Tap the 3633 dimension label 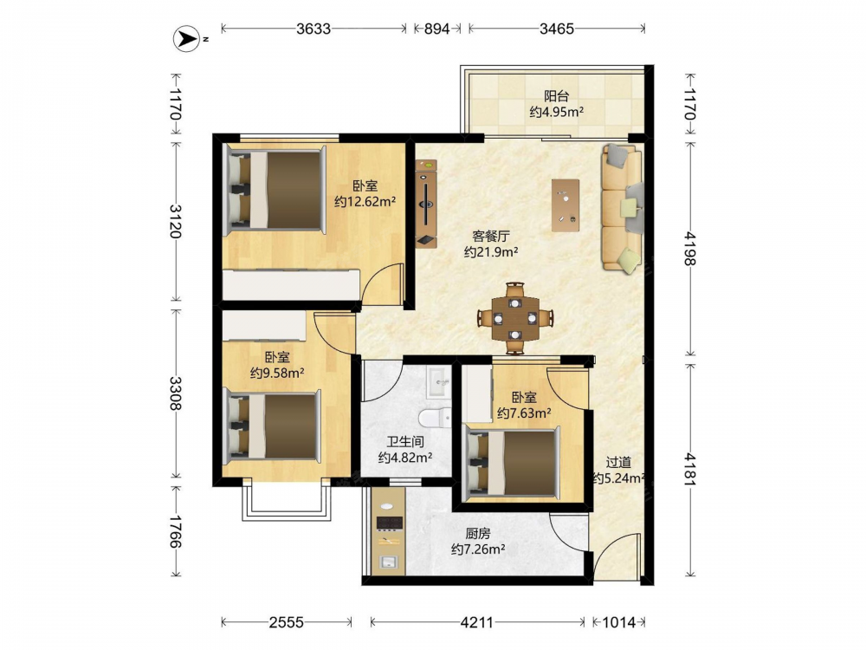(x=313, y=29)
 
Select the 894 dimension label (x=436, y=29)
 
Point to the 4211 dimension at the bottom (x=476, y=622)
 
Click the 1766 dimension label (x=176, y=532)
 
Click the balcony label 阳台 (x=556, y=96)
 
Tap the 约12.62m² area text (x=365, y=202)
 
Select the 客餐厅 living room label (x=491, y=237)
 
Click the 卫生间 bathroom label (x=405, y=442)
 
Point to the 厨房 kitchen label (x=478, y=533)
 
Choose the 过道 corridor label (x=618, y=462)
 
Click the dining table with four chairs (x=515, y=318)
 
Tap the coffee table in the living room (x=565, y=205)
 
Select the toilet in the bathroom (x=435, y=419)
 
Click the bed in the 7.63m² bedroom (x=511, y=462)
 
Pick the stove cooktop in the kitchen (x=390, y=523)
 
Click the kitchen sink (x=390, y=562)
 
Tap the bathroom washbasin (x=440, y=380)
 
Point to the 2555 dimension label (x=286, y=622)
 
